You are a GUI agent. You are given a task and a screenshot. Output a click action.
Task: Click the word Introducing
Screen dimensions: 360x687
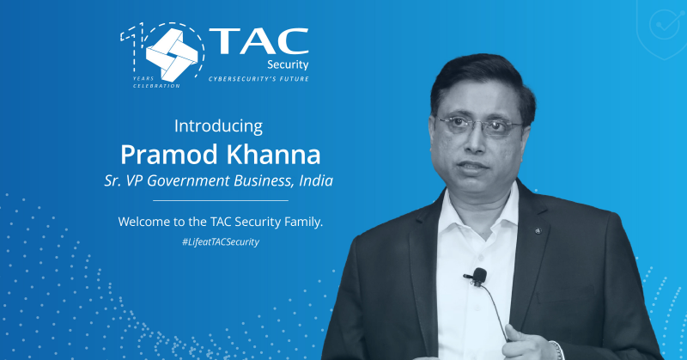pyautogui.click(x=218, y=125)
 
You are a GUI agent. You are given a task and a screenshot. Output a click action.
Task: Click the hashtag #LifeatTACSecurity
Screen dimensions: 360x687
pyautogui.click(x=220, y=242)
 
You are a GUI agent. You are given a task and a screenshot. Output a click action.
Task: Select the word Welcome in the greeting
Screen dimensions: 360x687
pyautogui.click(x=147, y=222)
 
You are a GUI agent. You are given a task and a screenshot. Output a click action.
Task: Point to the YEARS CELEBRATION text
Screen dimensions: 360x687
pyautogui.click(x=155, y=82)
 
